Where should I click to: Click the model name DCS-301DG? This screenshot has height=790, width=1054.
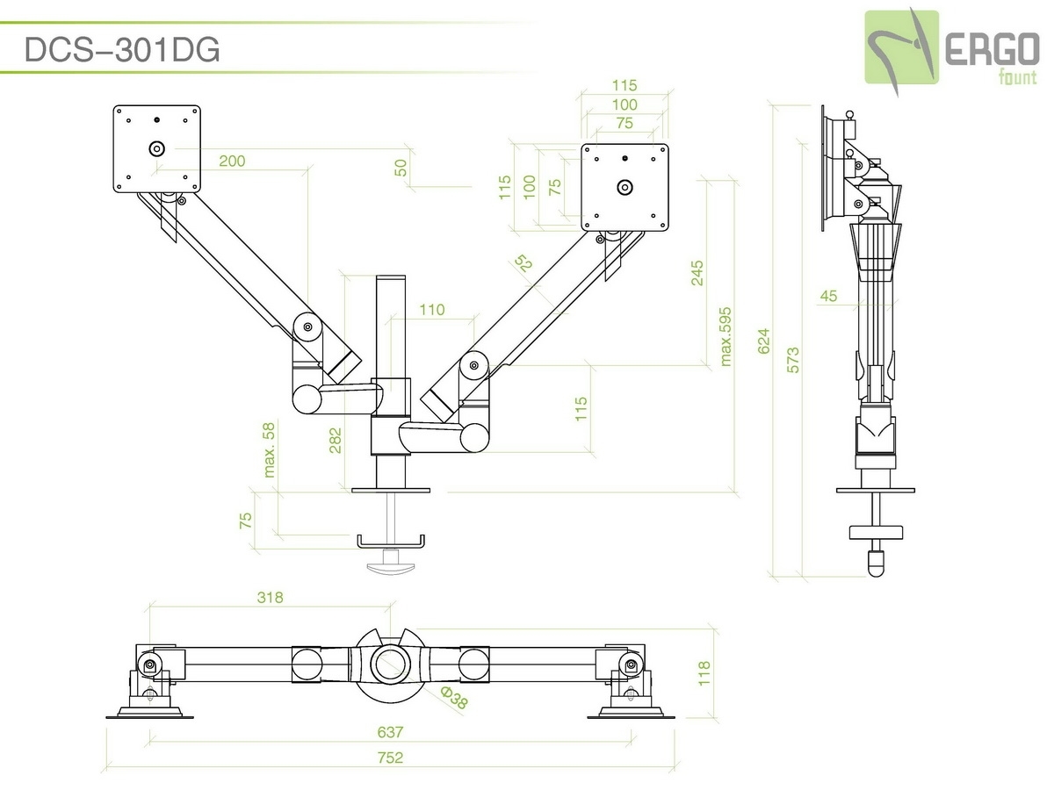pos(121,51)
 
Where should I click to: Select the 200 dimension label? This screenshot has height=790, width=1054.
pos(233,161)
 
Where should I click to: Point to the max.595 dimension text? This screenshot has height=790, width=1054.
pos(726,336)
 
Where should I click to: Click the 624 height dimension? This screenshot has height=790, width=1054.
pos(764,341)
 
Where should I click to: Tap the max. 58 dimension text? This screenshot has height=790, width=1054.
pos(270,449)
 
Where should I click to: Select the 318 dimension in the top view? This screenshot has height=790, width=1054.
pos(270,598)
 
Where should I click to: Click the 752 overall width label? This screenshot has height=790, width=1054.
pos(390,758)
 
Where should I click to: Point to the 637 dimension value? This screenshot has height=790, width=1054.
pos(390,731)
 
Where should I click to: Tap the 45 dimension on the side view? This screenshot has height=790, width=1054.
pos(828,296)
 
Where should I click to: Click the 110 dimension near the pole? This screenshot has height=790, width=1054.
pos(432,310)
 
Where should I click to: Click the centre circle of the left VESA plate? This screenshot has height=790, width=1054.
pos(157,148)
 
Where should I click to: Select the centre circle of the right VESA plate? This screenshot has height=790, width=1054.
pos(624,187)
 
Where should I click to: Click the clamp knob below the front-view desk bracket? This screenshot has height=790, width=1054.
pos(390,563)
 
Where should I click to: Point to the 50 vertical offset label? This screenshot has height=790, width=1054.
pos(401,168)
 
